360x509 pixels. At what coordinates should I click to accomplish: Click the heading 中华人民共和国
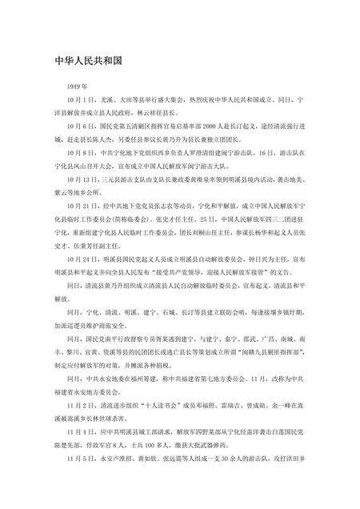(x=88, y=60)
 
